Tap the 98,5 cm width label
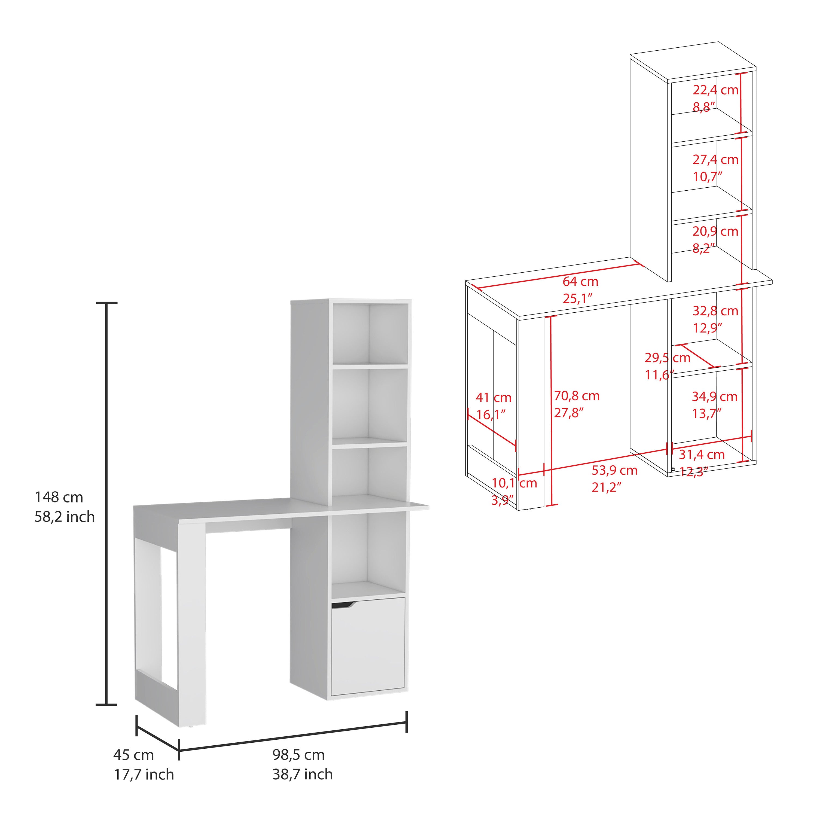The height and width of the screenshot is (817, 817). click(x=298, y=755)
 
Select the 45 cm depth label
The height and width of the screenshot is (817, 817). click(x=134, y=755)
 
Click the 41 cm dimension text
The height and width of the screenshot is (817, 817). click(x=493, y=398)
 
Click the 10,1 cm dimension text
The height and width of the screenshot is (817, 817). click(x=514, y=483)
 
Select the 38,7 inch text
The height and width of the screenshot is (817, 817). click(x=302, y=774)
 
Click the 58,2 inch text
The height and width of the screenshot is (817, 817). click(x=65, y=517)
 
